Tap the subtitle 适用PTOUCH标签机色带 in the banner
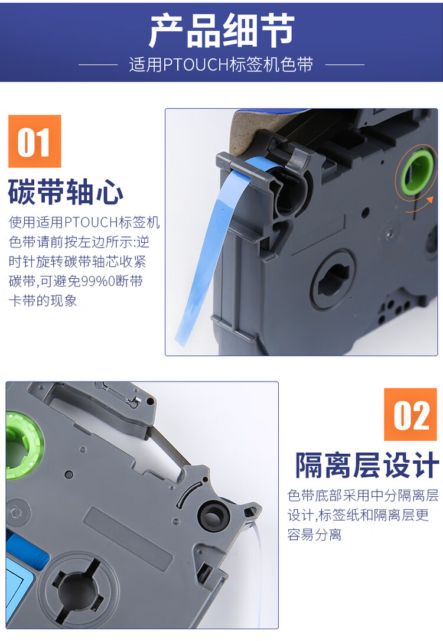click(221, 64)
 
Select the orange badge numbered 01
click(35, 141)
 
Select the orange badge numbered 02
click(411, 414)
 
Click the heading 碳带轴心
click(66, 193)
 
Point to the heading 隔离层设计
click(367, 466)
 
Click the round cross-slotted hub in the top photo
click(333, 278)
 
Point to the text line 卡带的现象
click(43, 300)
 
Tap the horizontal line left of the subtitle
click(98, 64)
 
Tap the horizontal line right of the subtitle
click(344, 64)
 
